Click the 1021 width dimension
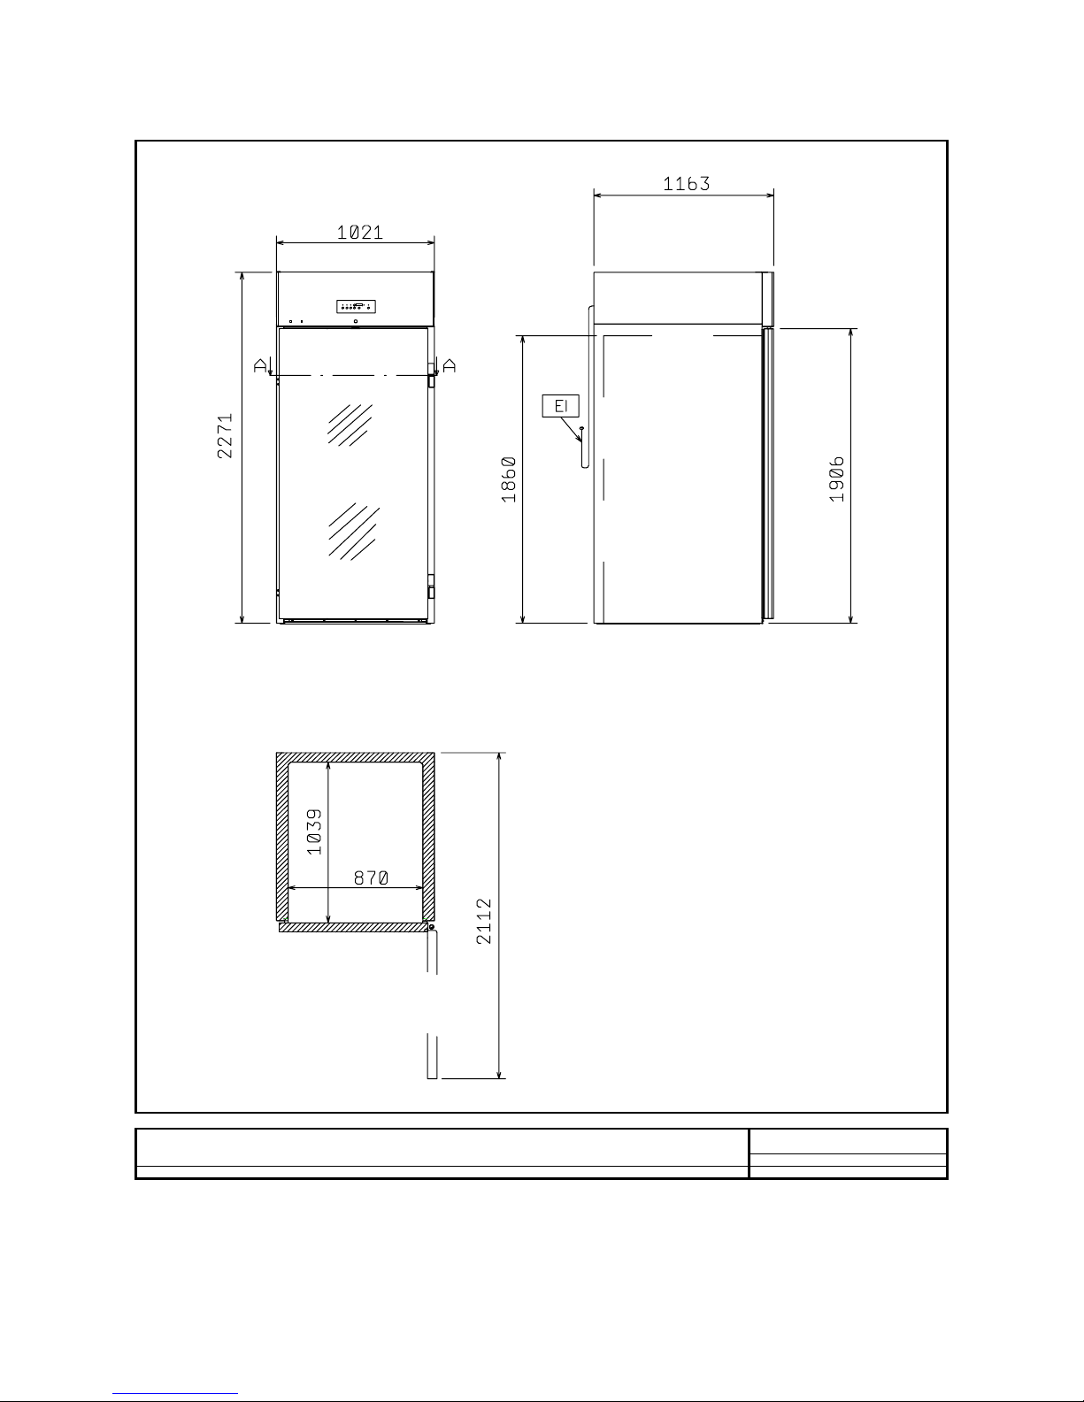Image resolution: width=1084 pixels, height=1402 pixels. click(360, 233)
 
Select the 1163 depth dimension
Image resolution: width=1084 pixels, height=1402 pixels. click(687, 184)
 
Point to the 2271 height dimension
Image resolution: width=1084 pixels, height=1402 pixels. click(225, 435)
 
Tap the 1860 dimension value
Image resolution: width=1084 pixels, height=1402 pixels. click(509, 479)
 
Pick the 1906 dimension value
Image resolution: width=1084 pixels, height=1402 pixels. click(836, 479)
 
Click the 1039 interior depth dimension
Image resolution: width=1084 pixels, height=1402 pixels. click(313, 832)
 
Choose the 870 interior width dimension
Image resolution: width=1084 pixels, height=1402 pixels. click(371, 877)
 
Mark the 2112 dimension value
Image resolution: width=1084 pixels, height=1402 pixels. click(483, 922)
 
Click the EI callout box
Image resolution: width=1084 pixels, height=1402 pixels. click(560, 406)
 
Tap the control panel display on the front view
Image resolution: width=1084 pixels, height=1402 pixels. click(356, 306)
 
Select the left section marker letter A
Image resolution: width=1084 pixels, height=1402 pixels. click(260, 366)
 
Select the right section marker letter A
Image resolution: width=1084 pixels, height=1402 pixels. click(450, 366)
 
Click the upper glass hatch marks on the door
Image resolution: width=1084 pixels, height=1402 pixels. click(350, 425)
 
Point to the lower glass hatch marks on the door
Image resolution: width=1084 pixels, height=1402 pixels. click(354, 532)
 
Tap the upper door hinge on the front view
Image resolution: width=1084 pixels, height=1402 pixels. click(432, 377)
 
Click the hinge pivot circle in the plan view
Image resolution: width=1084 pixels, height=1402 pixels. click(432, 927)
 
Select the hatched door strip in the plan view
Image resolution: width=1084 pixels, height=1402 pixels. click(353, 927)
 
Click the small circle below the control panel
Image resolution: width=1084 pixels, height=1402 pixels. click(356, 321)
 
